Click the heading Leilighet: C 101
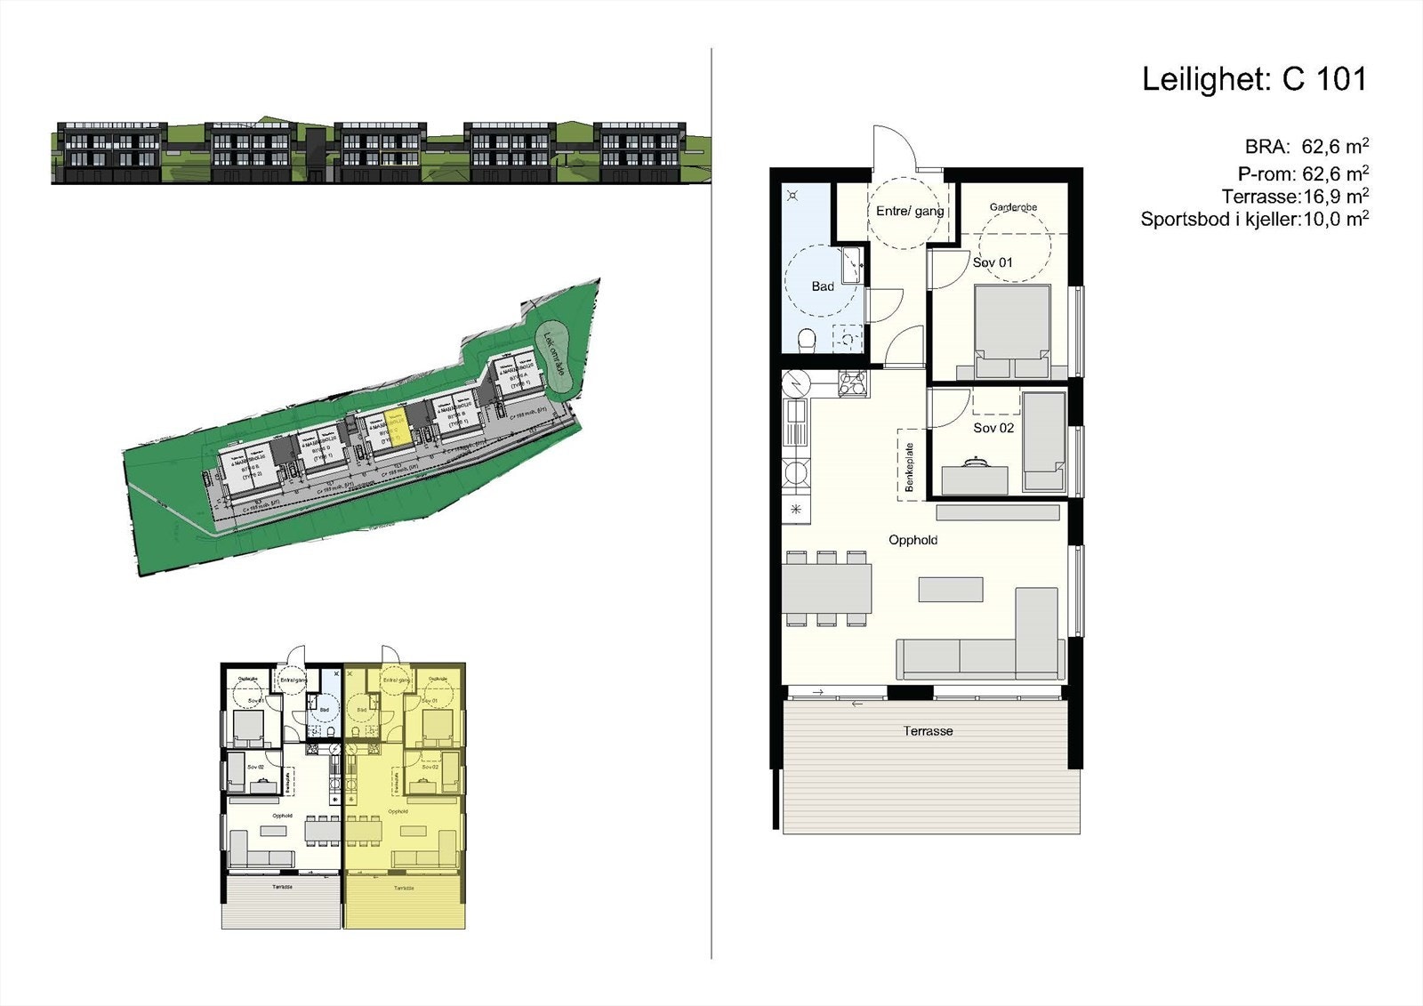tap(1253, 79)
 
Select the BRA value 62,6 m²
tap(1335, 147)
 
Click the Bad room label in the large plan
tap(823, 286)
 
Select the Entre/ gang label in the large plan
tap(910, 212)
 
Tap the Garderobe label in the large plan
tap(1013, 207)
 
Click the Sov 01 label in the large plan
tap(992, 262)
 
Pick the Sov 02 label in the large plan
tap(993, 428)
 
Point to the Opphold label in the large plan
tap(912, 540)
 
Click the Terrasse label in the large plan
tap(928, 731)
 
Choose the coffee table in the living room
tap(951, 590)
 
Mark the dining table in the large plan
tap(827, 589)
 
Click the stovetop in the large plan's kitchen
tap(853, 382)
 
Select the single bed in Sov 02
tap(1044, 442)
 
